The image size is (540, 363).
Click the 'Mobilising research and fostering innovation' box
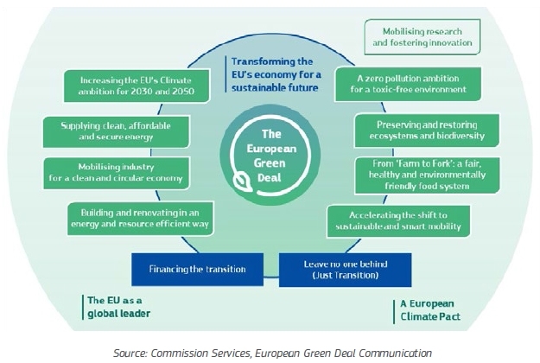pyautogui.click(x=421, y=36)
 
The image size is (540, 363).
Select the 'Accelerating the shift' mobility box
pyautogui.click(x=393, y=221)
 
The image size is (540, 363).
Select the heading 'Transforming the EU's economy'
pyautogui.click(x=273, y=74)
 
